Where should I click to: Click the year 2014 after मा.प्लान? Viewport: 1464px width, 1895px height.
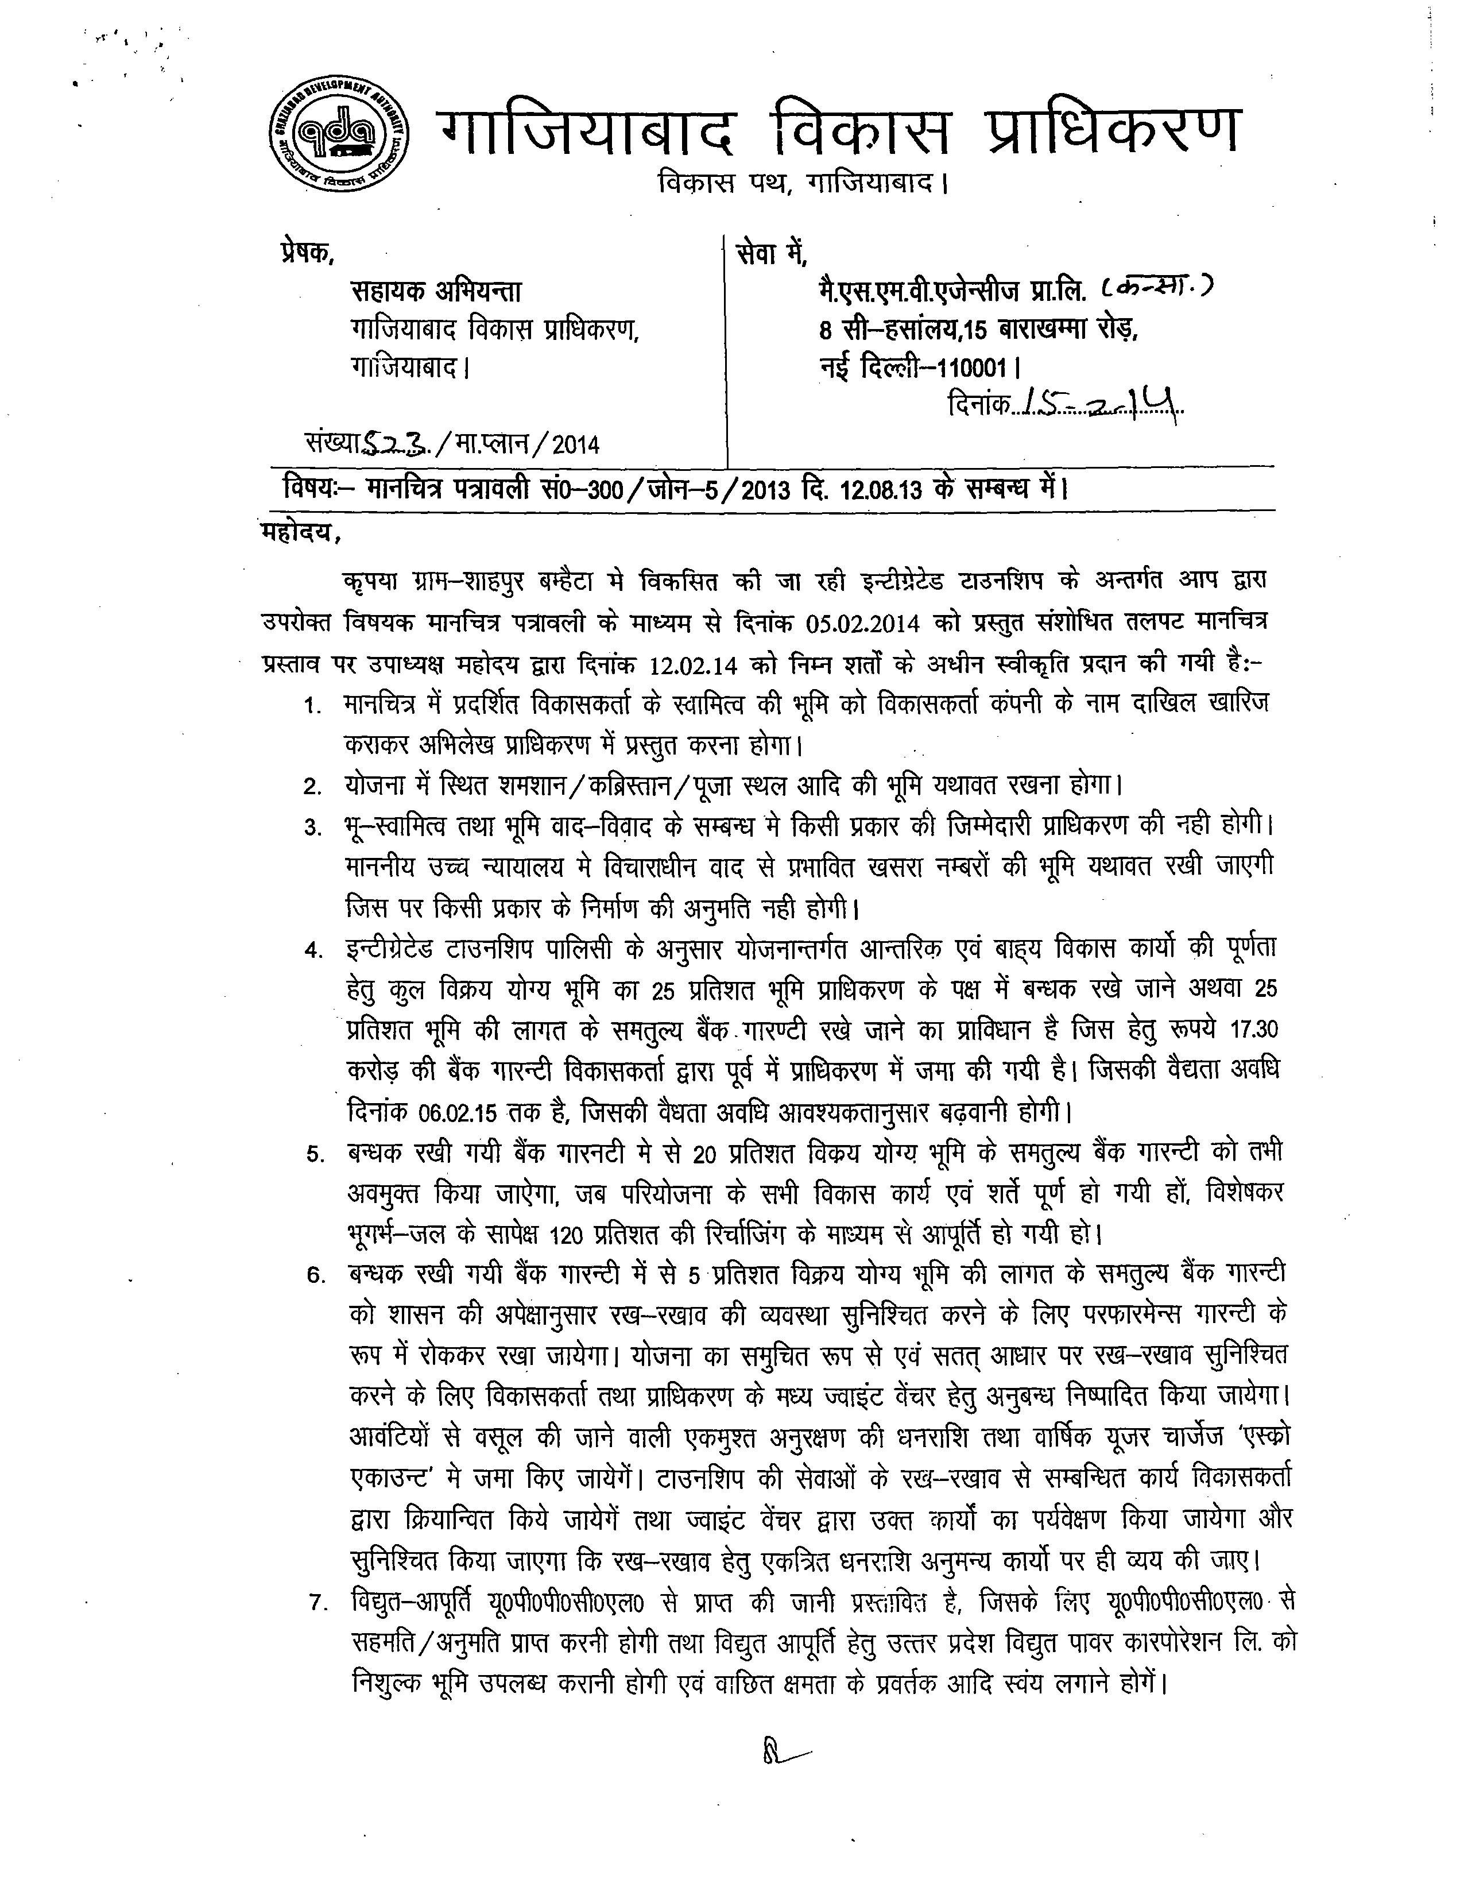[x=575, y=445]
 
